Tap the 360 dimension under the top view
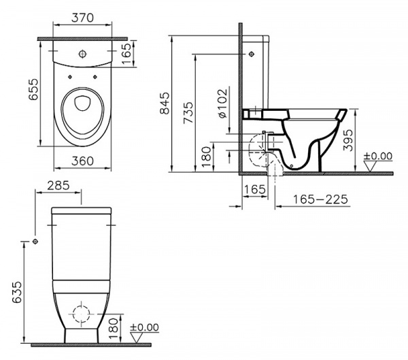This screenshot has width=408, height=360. (82, 163)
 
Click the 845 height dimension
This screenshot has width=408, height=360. (164, 103)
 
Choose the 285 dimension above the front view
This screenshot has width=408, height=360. (59, 185)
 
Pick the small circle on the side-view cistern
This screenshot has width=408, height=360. (253, 53)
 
